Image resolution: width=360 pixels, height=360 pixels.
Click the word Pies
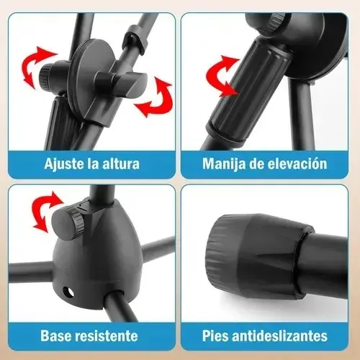[x=216, y=336]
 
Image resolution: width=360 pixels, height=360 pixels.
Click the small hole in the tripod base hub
[x=68, y=292]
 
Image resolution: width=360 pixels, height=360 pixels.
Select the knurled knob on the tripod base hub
[x=68, y=220]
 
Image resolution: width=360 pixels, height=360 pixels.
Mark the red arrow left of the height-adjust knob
[x=37, y=67]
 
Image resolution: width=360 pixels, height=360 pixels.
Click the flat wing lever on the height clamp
[x=121, y=84]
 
